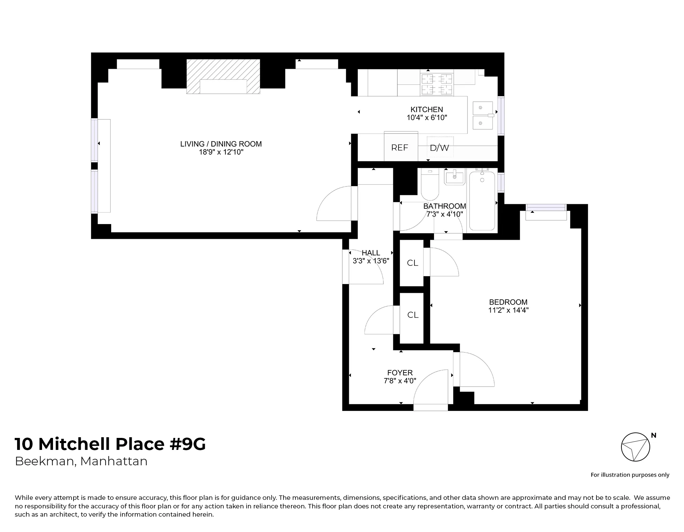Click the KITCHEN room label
(x=426, y=109)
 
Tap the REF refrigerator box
(x=400, y=147)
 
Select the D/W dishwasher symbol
(x=440, y=147)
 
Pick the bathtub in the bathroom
(x=482, y=201)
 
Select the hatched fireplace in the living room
(x=223, y=76)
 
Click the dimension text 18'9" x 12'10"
(x=221, y=152)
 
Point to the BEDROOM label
(x=508, y=302)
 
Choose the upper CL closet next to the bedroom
(x=412, y=263)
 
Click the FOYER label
(x=400, y=373)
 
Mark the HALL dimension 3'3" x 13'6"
(x=371, y=261)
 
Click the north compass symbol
(x=635, y=447)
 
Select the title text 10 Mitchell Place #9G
(x=110, y=444)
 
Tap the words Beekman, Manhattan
(x=81, y=461)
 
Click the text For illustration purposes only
(x=630, y=475)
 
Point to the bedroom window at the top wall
(x=546, y=208)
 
